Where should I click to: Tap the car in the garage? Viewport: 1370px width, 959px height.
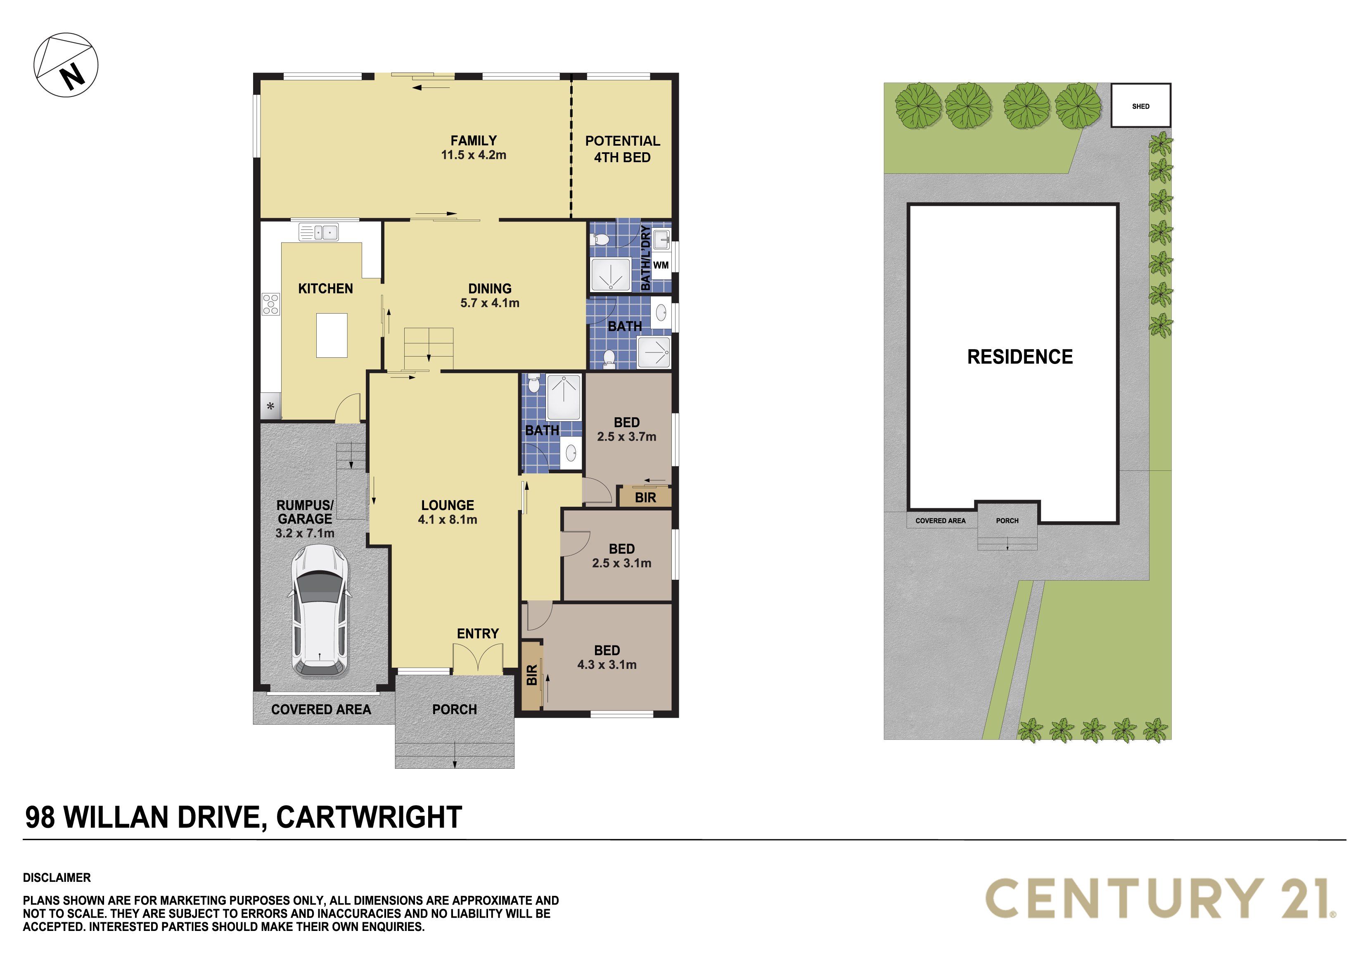320,611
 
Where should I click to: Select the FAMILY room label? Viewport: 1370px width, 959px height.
473,141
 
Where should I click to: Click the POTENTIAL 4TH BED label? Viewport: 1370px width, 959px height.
622,149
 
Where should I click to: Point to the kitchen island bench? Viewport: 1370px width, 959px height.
332,335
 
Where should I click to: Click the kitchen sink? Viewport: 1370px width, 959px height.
319,232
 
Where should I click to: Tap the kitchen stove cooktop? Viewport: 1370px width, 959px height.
270,304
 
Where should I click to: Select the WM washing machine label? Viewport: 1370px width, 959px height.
661,265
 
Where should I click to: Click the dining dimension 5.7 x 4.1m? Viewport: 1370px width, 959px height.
490,303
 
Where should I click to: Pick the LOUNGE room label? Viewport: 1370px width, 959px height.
448,505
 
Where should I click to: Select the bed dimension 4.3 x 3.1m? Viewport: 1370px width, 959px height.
607,664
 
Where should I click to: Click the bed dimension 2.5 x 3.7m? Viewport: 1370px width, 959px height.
626,437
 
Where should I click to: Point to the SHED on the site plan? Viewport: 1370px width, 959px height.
1140,106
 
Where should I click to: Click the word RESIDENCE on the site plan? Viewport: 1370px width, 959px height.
1020,357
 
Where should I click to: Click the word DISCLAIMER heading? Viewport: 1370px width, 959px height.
57,877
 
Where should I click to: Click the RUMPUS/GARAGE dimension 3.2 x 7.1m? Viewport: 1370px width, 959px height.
305,533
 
